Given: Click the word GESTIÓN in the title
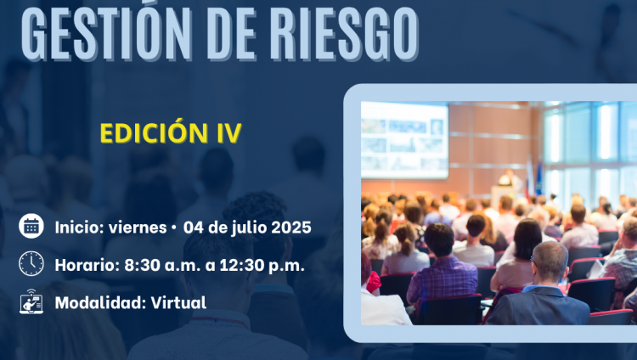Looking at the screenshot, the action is click(105, 32).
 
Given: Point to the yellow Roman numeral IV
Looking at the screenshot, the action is click(229, 133).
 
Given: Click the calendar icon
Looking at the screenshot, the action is click(31, 226).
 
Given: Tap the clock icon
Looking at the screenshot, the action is click(31, 264).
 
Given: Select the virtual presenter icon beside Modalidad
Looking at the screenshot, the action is click(31, 301).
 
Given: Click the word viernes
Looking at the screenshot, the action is click(138, 228).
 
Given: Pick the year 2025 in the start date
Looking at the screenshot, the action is click(290, 228).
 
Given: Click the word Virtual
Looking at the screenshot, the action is click(178, 303).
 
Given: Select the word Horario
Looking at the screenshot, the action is click(87, 265).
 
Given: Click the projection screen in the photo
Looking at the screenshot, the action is click(404, 140).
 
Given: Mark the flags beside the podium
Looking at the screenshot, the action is click(534, 177).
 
